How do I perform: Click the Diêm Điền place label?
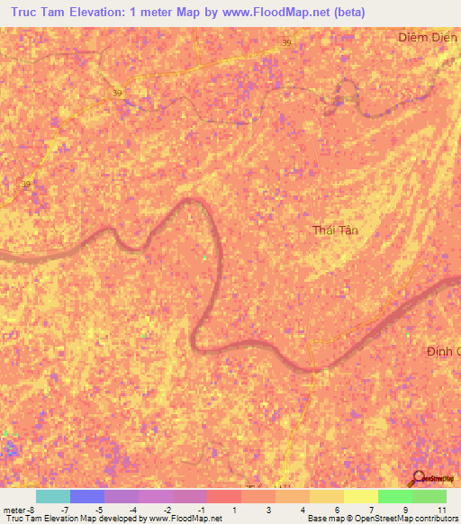[429, 38]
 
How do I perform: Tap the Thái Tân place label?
[335, 230]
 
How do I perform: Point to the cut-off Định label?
[443, 351]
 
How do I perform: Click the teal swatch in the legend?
[52, 496]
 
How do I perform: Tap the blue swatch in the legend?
[86, 496]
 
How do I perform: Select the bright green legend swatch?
[394, 496]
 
